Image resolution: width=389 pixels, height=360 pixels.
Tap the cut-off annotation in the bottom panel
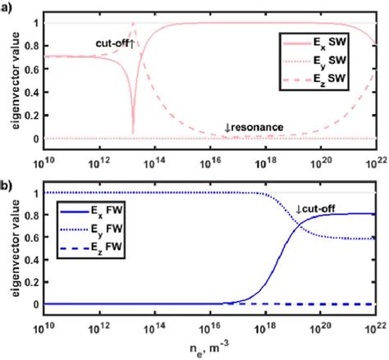308,211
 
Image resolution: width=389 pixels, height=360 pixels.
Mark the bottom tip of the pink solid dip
133,133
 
